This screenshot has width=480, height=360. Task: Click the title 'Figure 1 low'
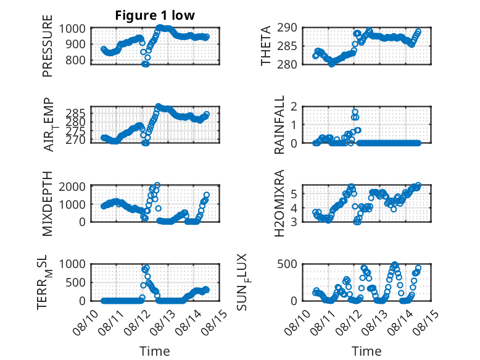click(x=155, y=15)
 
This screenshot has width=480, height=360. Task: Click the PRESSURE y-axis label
click(x=48, y=46)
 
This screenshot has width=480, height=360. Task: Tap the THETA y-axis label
click(x=266, y=46)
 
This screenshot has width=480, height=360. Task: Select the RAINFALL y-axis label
click(x=279, y=125)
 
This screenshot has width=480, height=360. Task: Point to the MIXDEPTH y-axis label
click(x=48, y=204)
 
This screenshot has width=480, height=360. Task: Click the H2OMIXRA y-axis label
click(x=279, y=203)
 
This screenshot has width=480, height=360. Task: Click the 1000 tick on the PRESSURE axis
click(x=72, y=29)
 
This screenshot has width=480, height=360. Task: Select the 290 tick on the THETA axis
click(x=287, y=28)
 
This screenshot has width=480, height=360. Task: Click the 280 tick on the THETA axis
click(x=287, y=64)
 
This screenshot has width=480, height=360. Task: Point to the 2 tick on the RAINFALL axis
click(x=294, y=107)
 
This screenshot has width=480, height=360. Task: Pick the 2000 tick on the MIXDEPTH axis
click(x=72, y=186)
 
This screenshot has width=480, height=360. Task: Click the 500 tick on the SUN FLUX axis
click(x=287, y=264)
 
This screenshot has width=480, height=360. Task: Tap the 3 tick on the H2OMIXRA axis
click(x=294, y=222)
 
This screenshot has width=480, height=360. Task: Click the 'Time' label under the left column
click(x=155, y=351)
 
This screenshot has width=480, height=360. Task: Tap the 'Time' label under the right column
click(x=366, y=351)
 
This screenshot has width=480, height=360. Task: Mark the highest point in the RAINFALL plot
click(x=355, y=112)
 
